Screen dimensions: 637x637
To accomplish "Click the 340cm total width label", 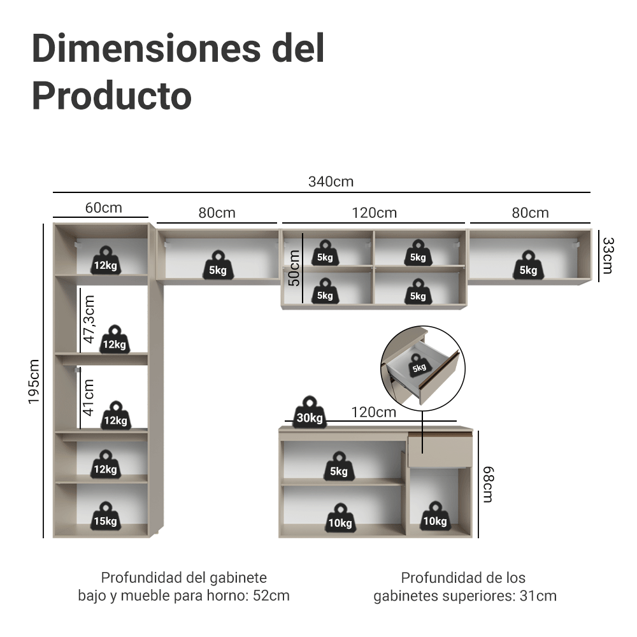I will tap(331, 182).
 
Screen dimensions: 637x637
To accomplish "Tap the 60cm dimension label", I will tap(103, 208).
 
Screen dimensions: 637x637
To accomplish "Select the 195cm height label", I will tap(34, 381).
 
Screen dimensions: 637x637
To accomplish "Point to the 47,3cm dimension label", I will tap(89, 318).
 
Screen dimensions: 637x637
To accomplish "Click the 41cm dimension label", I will tap(89, 397).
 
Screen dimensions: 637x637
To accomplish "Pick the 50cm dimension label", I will tap(294, 268).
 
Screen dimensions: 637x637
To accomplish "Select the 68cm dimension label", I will tap(487, 484).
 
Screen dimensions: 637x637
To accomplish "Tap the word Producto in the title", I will tap(111, 96).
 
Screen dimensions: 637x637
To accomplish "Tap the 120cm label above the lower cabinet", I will tap(373, 412).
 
